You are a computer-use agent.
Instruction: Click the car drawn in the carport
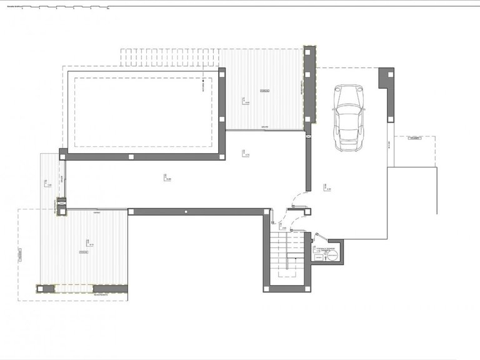click(x=347, y=118)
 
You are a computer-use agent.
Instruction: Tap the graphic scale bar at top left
click(x=56, y=9)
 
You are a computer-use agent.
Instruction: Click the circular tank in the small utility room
click(x=332, y=256)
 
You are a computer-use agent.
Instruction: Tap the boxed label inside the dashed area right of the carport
click(x=413, y=140)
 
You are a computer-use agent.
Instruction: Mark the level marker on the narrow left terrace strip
click(x=47, y=184)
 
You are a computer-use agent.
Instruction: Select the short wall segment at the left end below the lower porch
click(x=45, y=289)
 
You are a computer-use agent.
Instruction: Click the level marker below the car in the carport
click(x=326, y=187)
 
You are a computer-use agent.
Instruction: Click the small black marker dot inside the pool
click(x=204, y=81)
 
